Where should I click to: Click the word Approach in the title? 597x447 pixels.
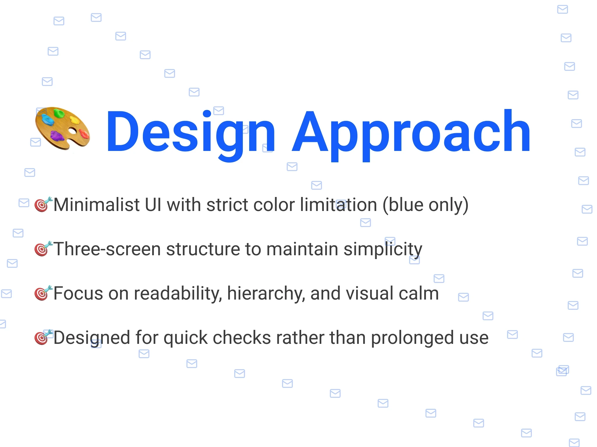[x=411, y=134]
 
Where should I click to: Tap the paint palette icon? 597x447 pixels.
[x=62, y=129]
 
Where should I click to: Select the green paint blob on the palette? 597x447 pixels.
[x=59, y=113]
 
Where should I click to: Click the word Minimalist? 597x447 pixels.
[x=96, y=205]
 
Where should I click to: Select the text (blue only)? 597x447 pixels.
[x=425, y=205]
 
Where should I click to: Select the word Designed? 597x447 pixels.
[x=92, y=338]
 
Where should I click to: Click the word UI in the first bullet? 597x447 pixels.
[x=153, y=205]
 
